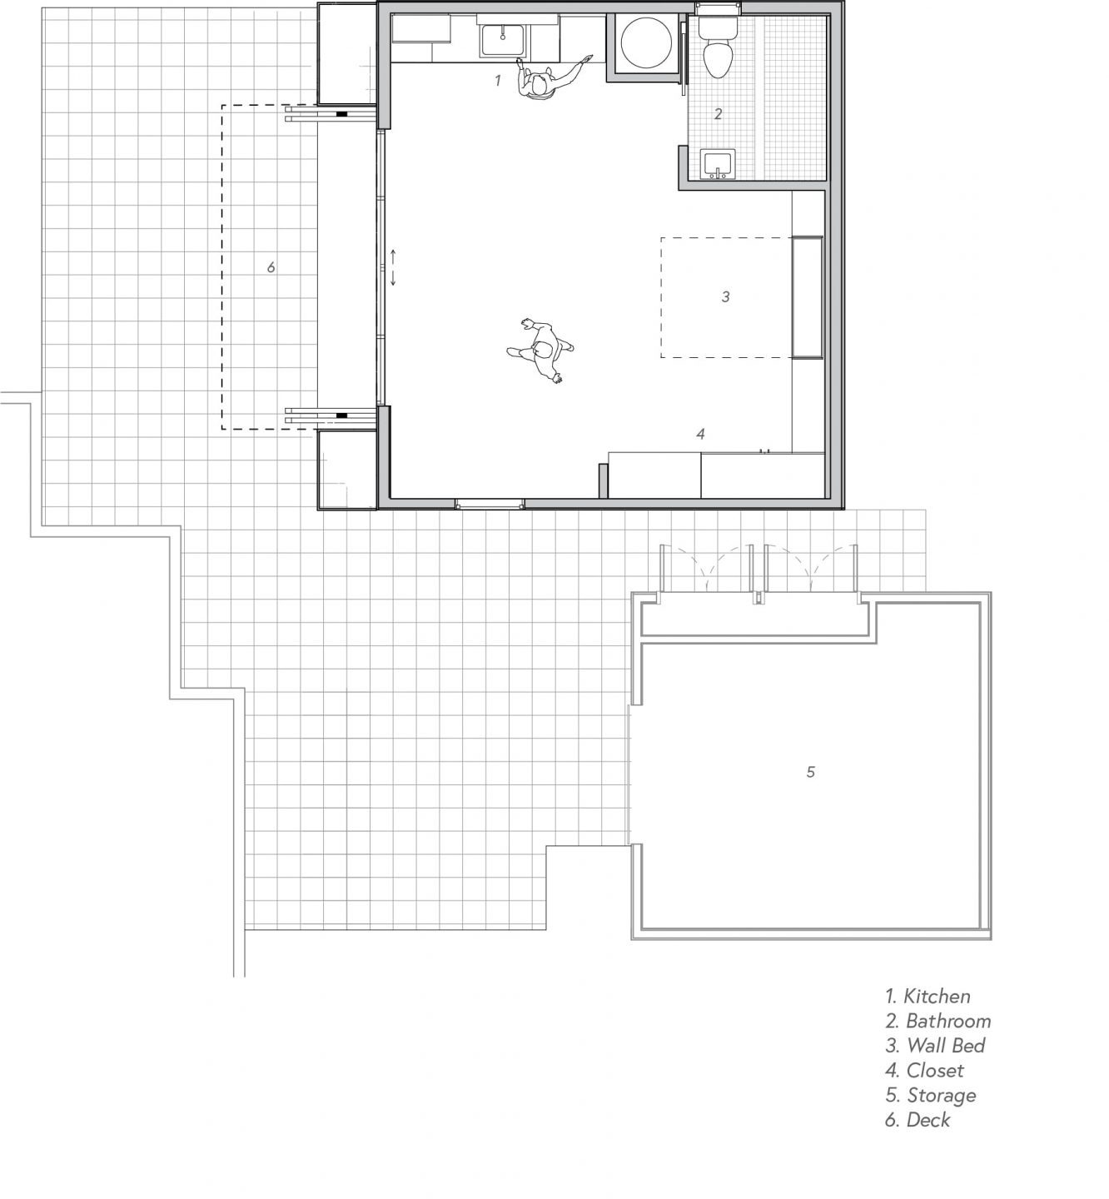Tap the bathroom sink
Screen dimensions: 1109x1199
tap(717, 164)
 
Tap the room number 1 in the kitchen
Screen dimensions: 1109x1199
tap(498, 80)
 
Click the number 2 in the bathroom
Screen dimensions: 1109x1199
tap(718, 113)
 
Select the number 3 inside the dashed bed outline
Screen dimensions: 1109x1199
tap(726, 296)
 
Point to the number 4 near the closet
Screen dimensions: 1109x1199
tap(700, 434)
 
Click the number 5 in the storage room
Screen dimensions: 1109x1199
tap(811, 772)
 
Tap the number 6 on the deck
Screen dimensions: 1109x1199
tap(271, 266)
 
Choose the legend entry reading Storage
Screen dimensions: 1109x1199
tap(930, 1095)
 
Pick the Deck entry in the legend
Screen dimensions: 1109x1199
tap(918, 1120)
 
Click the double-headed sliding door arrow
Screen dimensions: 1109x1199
tap(392, 267)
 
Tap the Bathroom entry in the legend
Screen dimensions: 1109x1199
tap(938, 1021)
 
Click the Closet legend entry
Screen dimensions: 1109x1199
tap(924, 1071)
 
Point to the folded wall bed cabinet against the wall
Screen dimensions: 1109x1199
tap(808, 297)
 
